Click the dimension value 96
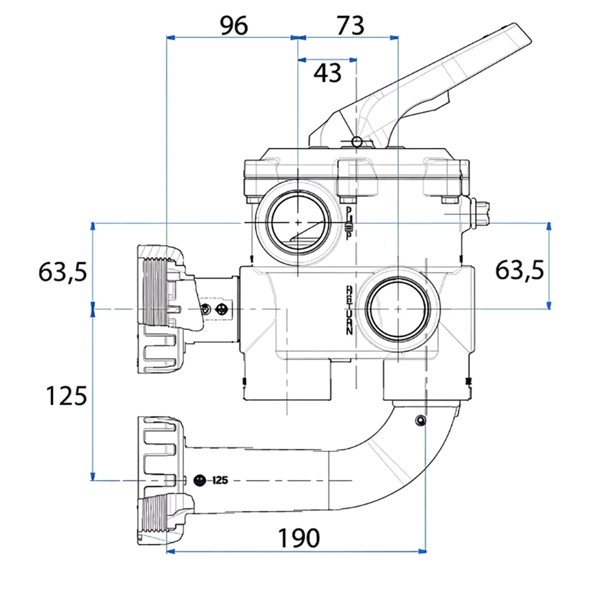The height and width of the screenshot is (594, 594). point(234,26)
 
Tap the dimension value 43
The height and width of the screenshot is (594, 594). point(327,73)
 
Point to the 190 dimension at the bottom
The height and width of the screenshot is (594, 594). point(298,538)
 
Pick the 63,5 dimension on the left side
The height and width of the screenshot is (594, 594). point(62,271)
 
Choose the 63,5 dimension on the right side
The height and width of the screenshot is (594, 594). point(519,270)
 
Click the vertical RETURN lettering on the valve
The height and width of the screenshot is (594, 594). point(349,310)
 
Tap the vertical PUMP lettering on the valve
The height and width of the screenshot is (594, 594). point(349,223)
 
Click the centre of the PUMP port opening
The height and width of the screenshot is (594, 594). point(298,222)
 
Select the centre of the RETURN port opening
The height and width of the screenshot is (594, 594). point(397,309)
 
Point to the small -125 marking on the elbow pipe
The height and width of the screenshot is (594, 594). point(219,480)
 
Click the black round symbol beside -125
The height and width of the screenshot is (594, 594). point(200,480)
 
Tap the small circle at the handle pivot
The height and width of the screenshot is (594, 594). point(357,142)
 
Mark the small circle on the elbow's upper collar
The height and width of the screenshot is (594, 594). point(421,421)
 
